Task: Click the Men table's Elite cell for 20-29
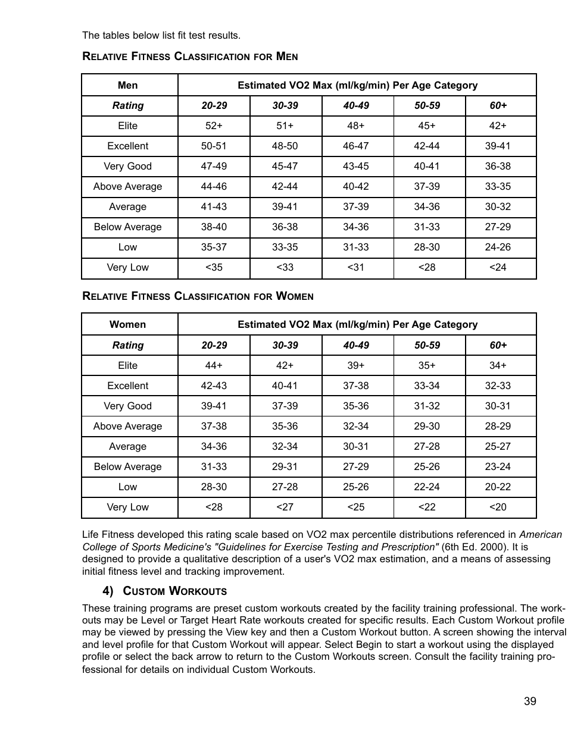(214, 126)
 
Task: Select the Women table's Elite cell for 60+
(498, 365)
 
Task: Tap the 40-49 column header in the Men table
(356, 106)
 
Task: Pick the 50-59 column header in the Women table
(427, 345)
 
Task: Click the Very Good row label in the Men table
(127, 167)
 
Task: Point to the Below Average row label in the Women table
(127, 466)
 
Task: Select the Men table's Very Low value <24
(498, 267)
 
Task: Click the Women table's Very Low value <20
(498, 507)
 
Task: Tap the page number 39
(530, 701)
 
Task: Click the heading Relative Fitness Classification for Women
(198, 296)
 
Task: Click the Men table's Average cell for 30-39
(285, 207)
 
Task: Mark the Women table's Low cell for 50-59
(427, 487)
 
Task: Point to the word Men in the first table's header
(127, 85)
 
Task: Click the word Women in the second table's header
(127, 325)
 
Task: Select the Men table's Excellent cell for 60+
(498, 146)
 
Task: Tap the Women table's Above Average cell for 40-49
(356, 426)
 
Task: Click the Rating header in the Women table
(127, 345)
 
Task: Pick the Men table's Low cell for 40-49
(356, 247)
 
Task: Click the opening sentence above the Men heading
(161, 36)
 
